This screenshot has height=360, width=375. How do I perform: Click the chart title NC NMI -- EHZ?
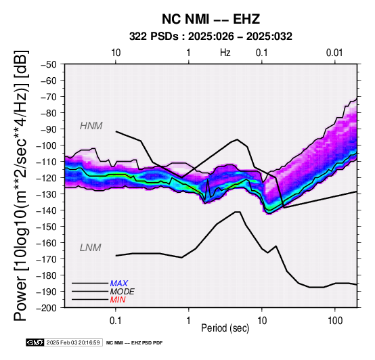point(211,19)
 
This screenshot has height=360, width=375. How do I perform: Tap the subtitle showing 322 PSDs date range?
point(211,37)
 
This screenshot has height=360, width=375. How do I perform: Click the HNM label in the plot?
point(91,126)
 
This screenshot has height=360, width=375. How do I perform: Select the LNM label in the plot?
point(91,248)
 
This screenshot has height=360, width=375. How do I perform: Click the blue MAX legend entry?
point(119,284)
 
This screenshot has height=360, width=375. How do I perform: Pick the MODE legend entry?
point(123,292)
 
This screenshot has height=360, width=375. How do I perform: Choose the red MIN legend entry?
point(118,300)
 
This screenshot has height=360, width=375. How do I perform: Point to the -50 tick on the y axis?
point(49,64)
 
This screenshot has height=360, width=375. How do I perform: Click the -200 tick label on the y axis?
point(47,308)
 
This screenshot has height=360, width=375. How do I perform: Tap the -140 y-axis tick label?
point(47,210)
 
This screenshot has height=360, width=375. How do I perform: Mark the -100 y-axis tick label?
point(47,145)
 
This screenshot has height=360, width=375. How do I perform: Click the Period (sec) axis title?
point(225,328)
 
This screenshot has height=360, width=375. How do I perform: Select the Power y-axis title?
point(20,185)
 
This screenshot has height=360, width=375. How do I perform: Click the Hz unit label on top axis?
point(225,52)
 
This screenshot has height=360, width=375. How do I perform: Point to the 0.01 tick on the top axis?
point(334,52)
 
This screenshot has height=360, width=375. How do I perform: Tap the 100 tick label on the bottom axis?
point(335,321)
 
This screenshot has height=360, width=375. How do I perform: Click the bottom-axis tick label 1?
point(188,321)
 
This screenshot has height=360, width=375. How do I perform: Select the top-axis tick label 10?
point(116,52)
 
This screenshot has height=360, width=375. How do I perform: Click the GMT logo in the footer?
point(35,342)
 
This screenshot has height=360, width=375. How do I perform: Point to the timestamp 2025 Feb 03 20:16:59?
point(73,342)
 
